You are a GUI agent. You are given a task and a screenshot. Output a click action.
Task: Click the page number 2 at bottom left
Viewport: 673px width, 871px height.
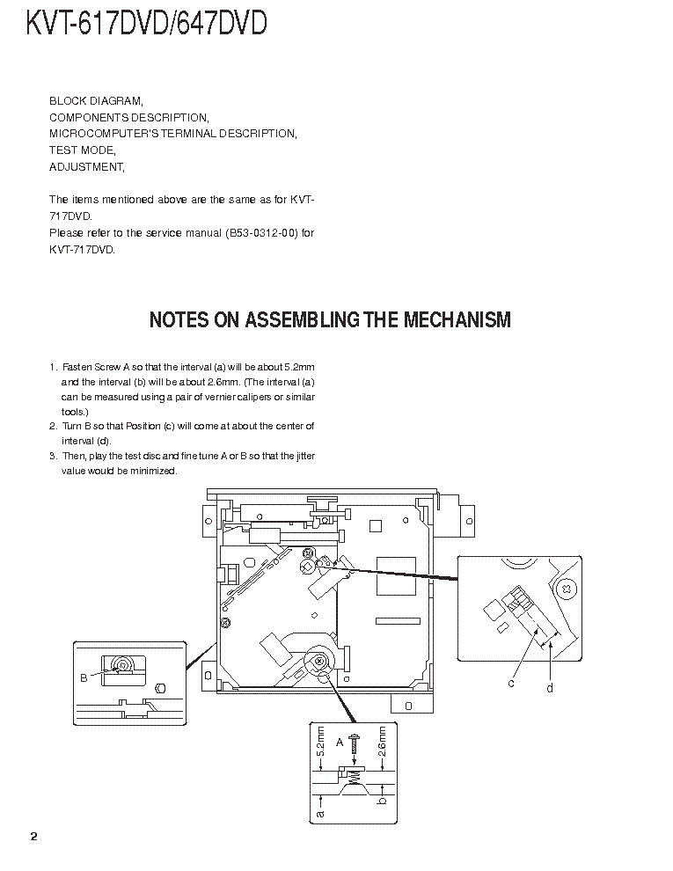(x=33, y=836)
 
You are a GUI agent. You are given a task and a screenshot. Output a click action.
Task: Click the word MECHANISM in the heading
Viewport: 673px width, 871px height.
(x=457, y=319)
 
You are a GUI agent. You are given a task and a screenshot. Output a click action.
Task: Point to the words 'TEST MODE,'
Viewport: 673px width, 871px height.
(x=82, y=150)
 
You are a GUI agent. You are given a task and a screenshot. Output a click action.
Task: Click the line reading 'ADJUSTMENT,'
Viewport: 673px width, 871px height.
(x=86, y=166)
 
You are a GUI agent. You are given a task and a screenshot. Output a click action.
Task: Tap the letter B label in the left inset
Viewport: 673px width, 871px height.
(x=84, y=677)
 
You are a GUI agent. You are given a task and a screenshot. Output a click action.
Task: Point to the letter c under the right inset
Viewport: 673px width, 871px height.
(x=510, y=683)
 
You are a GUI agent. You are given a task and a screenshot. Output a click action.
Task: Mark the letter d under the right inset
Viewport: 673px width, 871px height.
(x=550, y=687)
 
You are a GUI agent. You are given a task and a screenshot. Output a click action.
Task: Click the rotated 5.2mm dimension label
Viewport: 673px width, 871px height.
(x=321, y=742)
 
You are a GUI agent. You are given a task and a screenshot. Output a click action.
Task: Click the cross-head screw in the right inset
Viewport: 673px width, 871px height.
(x=566, y=589)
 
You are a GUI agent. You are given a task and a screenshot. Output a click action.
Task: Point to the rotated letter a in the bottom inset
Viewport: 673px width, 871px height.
(x=320, y=814)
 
